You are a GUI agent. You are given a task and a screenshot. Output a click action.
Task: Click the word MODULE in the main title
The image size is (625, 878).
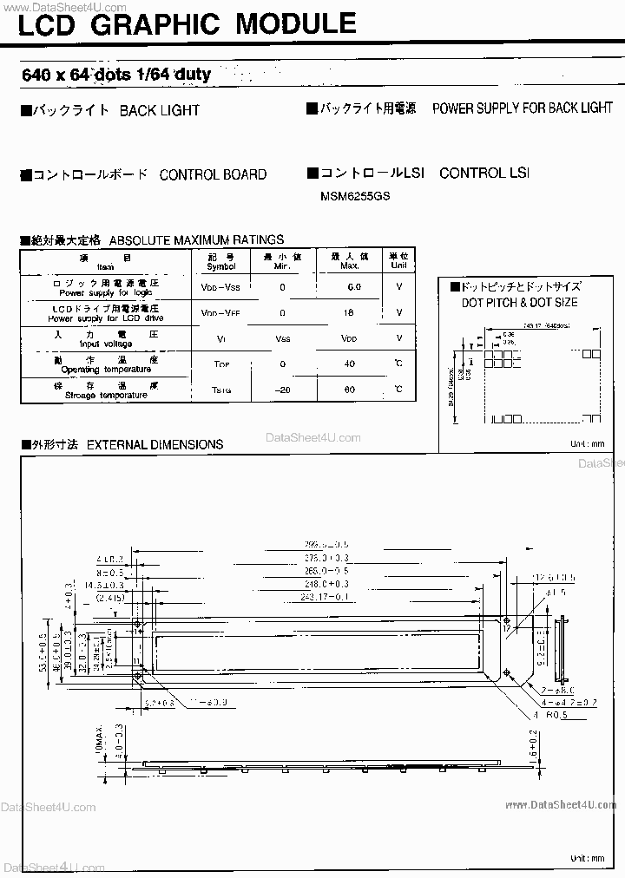click(296, 23)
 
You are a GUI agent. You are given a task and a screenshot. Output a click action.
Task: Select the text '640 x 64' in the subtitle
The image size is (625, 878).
click(56, 75)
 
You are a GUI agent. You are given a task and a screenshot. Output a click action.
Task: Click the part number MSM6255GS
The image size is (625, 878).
click(355, 196)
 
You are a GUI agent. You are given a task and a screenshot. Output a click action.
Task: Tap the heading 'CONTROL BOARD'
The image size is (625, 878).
click(213, 174)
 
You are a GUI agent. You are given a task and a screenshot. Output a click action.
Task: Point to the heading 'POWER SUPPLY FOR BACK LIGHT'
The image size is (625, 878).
click(523, 108)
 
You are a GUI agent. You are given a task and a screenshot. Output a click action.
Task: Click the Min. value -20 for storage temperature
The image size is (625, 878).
click(282, 390)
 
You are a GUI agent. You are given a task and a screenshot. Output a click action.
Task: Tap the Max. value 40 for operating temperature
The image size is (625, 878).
click(350, 364)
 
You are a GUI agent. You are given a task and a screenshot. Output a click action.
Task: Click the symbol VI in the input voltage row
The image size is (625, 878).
click(220, 338)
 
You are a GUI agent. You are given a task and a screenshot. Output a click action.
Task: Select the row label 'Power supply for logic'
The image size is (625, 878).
click(106, 292)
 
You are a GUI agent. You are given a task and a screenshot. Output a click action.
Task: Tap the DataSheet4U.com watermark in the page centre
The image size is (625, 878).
click(313, 437)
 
